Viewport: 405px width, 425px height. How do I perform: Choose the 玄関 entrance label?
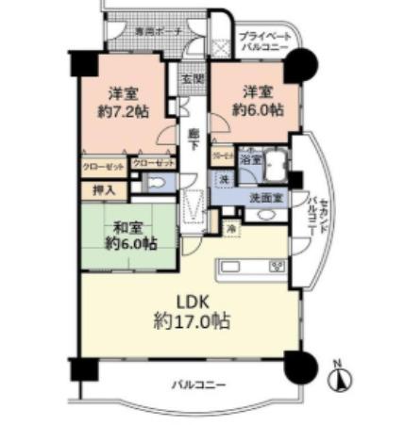(193, 78)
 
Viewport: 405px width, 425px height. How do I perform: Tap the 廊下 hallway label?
(193, 139)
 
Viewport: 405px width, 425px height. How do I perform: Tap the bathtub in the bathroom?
(275, 166)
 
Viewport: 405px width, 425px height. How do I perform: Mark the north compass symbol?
(337, 379)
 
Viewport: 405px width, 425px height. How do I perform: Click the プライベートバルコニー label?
(263, 38)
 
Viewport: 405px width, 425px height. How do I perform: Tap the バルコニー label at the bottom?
(198, 385)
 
